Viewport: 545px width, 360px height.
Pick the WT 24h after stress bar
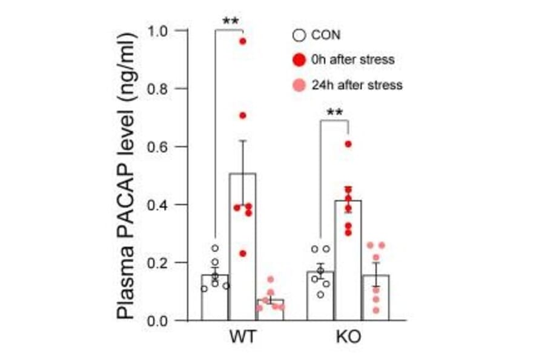point(269,310)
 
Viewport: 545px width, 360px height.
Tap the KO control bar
point(320,296)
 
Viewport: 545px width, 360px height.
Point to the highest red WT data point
point(242,41)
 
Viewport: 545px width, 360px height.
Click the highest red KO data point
point(348,144)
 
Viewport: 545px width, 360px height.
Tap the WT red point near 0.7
point(242,115)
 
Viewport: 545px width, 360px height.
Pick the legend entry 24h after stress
point(348,85)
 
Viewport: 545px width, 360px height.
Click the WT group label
point(242,337)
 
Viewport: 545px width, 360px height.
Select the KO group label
point(348,337)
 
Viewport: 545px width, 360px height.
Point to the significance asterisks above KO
point(335,113)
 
